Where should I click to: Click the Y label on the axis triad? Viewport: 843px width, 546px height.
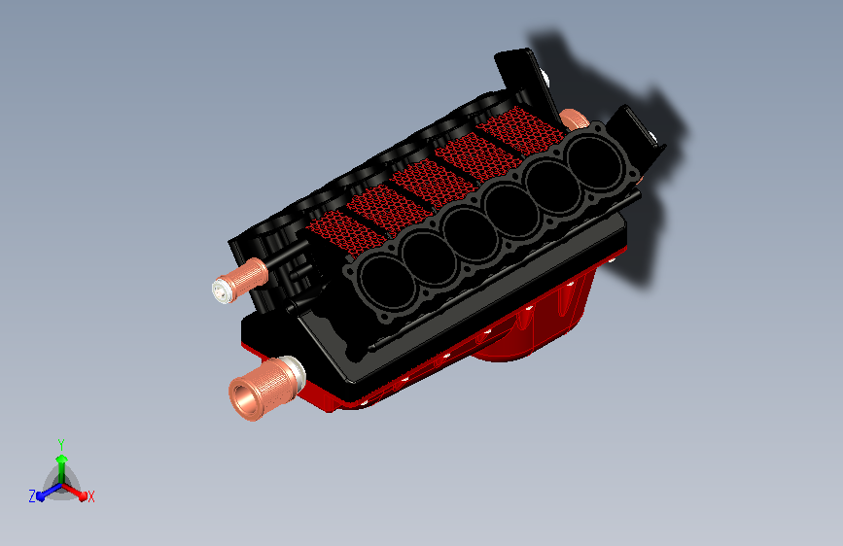pos(61,445)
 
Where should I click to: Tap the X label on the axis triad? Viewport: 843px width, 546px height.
pos(90,496)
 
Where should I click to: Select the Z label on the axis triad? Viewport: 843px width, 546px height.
pos(32,496)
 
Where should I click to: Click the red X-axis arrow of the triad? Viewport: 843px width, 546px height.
pos(74,492)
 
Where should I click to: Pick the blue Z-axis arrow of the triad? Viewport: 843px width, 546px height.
pos(50,492)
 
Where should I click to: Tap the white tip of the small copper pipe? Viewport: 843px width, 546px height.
pos(221,290)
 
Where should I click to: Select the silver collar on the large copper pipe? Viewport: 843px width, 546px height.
pos(294,372)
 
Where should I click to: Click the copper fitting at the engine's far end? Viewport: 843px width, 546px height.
pos(573,119)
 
